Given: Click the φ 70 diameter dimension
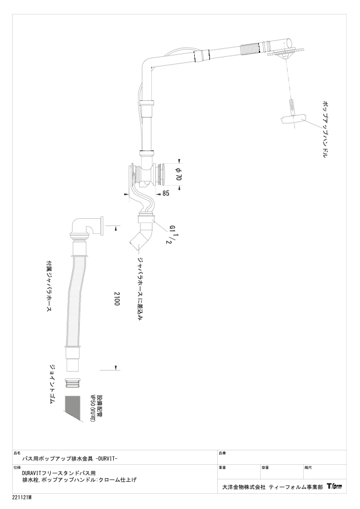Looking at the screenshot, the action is coord(178,173).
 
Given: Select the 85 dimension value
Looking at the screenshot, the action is coord(166,193).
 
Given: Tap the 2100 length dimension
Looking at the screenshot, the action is coord(117,299).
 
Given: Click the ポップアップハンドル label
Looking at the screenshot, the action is coord(326,129).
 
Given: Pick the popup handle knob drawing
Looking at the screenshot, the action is coord(293,118).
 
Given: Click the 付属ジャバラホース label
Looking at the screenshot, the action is coord(49,286).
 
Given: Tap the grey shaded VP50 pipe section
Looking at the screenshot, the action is coord(73,408).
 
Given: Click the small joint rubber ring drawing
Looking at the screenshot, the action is coord(73,384).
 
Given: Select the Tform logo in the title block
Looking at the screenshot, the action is coord(335,486).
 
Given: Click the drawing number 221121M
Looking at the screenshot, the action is coord(24,498).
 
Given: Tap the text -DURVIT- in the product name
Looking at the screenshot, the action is coord(106,459).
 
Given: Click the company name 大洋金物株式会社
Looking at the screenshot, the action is coord(244,487).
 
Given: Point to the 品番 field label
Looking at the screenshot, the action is coord(222,453).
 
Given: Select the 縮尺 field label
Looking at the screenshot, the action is coord(307,468).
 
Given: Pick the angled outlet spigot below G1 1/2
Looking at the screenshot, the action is coord(142,239).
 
